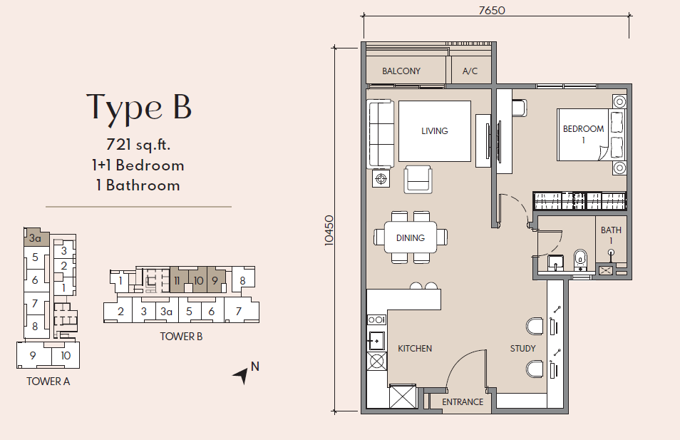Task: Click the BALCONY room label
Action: point(401,71)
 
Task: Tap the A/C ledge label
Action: point(470,71)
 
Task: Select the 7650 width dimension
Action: point(492,10)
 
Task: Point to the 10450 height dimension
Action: point(329,230)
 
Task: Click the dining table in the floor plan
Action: point(411,237)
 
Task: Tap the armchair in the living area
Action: point(418,179)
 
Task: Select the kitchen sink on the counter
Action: point(376,341)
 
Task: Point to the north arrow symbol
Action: point(242,375)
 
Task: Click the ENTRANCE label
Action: point(463,401)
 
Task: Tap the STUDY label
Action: point(522,349)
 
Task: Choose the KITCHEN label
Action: point(415,349)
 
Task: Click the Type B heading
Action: point(139,108)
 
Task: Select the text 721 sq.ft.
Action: point(138,144)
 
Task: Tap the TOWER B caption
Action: point(181,337)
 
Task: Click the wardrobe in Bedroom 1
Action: point(579,201)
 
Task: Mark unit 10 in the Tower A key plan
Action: point(66,356)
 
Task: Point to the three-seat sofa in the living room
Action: point(381,133)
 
